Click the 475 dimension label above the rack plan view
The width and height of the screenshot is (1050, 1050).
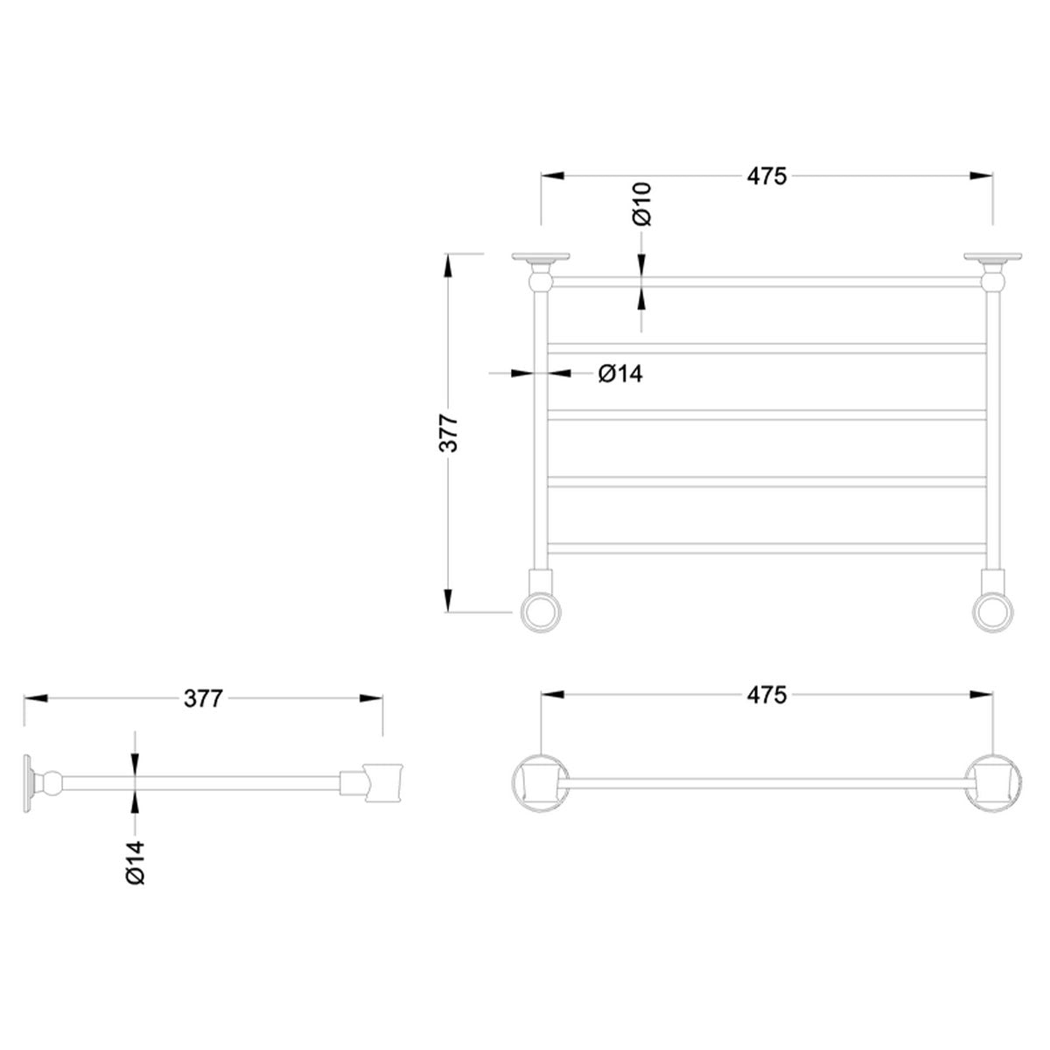766,176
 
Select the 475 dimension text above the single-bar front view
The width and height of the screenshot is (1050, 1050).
766,696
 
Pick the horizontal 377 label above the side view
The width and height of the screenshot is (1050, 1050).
204,698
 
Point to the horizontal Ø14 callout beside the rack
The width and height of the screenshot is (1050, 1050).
620,374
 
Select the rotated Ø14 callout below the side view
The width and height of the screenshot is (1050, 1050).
135,861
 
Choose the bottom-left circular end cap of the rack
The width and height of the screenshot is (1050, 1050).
540,611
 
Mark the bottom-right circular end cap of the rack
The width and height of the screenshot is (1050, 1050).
993,611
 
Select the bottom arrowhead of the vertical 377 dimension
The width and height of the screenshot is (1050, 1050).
449,601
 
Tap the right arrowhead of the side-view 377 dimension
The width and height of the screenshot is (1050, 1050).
372,698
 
